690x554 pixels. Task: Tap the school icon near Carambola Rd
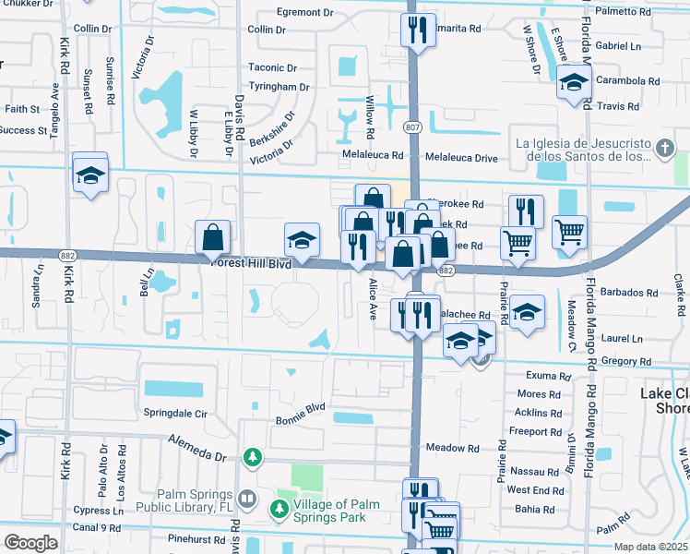[574, 83]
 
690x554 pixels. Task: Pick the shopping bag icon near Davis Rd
[213, 237]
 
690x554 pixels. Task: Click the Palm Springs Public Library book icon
[246, 500]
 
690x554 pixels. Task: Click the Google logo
[30, 543]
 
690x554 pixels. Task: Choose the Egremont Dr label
[309, 13]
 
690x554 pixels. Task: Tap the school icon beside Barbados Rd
[527, 311]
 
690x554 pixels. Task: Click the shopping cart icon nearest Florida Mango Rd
[569, 232]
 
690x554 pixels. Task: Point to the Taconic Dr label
[272, 67]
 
